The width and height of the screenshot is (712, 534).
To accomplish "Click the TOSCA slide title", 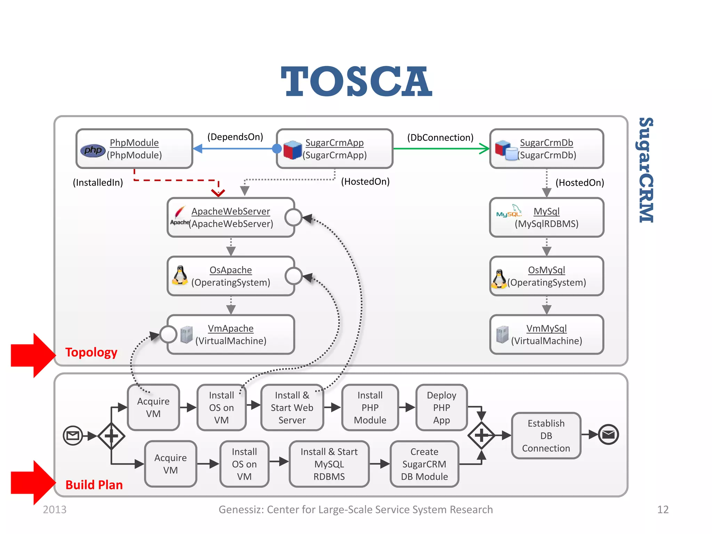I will (356, 82).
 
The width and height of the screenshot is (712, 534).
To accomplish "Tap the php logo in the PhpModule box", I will (92, 150).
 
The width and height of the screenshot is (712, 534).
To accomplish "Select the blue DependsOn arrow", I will (236, 149).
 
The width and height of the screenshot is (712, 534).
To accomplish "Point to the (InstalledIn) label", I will (98, 183).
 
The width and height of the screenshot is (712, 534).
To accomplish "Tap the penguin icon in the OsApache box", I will (180, 275).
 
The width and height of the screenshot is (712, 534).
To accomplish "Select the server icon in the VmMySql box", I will (502, 334).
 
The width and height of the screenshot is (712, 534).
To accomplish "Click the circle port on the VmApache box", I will (168, 334).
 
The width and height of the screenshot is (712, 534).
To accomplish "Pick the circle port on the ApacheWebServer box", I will (293, 218).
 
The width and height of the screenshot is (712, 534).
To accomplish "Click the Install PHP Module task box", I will (370, 407).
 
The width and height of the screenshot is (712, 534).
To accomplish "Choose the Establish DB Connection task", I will (546, 436).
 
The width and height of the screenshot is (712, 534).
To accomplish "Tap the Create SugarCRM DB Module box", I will (424, 464).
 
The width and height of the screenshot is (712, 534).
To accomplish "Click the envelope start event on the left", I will (73, 435).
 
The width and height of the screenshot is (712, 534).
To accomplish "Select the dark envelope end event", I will (608, 435).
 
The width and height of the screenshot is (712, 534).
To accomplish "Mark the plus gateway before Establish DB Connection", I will (481, 435).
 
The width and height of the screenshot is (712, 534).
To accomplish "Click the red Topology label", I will (91, 352).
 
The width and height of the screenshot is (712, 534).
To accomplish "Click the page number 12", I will (663, 510).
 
